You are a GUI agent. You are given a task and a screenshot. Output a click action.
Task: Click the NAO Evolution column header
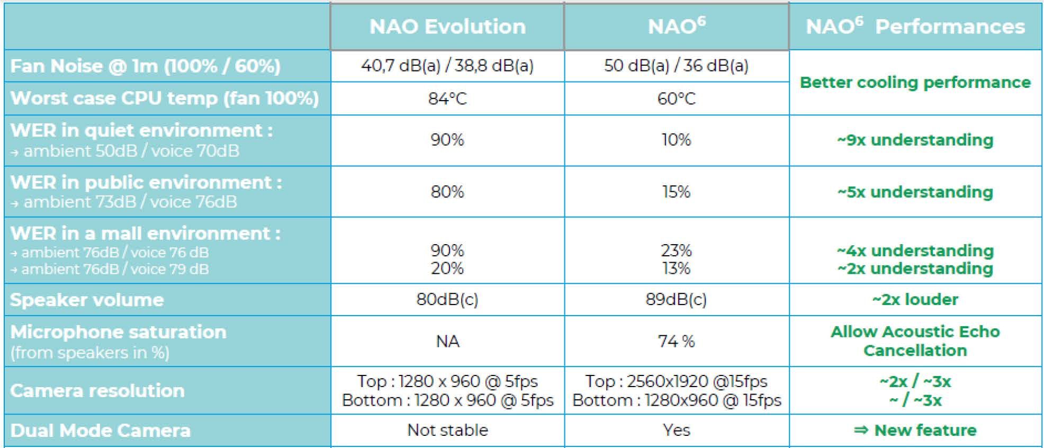point(447,26)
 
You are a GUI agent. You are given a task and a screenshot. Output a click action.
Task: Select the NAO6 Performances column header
point(915,26)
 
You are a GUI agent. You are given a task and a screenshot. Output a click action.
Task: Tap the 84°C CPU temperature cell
point(447,98)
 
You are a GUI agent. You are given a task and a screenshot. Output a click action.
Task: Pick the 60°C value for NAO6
point(676,98)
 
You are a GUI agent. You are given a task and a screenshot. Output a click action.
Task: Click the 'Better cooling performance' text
point(915,83)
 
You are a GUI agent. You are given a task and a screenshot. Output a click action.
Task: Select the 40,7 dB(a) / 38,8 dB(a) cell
point(447,66)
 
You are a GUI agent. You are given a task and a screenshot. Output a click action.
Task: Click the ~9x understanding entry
point(915,140)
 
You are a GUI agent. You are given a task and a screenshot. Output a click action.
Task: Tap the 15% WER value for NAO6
point(676,192)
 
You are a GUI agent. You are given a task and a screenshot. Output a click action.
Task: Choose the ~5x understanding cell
point(915,192)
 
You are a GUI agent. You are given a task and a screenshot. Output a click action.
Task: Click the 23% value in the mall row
point(676,250)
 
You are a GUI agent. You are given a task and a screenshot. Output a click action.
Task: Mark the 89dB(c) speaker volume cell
point(676,300)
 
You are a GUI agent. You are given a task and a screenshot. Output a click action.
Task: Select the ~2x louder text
point(915,300)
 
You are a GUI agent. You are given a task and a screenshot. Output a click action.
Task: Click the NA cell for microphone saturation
point(447,342)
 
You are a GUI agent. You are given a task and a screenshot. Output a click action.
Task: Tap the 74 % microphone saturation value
point(676,342)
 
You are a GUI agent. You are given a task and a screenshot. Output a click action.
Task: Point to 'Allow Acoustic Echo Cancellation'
point(915,341)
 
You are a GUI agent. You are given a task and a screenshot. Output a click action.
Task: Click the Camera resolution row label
point(97,391)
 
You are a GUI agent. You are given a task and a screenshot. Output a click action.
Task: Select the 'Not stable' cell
point(447,430)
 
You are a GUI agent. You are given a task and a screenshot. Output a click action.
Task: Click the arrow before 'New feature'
point(861,430)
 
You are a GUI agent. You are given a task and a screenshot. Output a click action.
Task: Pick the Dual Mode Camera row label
point(100,431)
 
